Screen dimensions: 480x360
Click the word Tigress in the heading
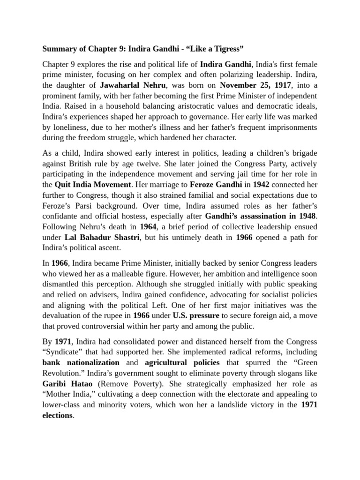(239, 48)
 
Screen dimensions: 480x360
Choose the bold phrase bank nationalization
(81, 362)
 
